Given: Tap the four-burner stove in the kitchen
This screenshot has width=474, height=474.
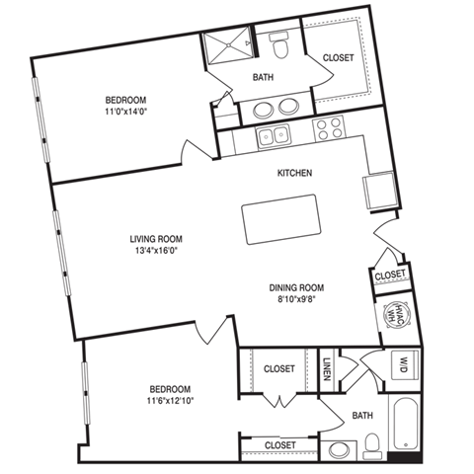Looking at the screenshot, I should pos(329,129).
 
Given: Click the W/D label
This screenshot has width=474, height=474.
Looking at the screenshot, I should pos(403,362).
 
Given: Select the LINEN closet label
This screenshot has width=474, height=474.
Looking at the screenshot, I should pos(327,369).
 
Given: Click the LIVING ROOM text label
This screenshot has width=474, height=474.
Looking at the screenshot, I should pos(157,239).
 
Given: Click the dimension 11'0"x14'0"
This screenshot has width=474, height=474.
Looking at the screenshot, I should pos(126,113).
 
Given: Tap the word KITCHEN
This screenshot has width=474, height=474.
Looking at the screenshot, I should pos(294,173).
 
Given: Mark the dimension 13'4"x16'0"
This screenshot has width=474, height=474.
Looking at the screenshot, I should pos(157,252).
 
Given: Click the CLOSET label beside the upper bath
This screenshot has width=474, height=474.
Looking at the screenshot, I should pos(338,58).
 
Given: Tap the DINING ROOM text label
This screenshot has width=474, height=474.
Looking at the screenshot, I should pos(297,288).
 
